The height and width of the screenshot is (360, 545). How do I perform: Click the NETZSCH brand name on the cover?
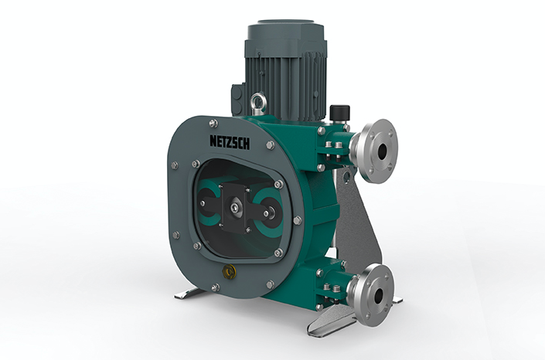pyautogui.click(x=230, y=142)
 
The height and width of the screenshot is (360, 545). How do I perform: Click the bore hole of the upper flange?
pyautogui.click(x=382, y=151)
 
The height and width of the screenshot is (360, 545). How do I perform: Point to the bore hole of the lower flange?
pyautogui.click(x=379, y=295)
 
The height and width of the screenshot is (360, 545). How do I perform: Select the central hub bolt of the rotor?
pyautogui.click(x=235, y=208)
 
